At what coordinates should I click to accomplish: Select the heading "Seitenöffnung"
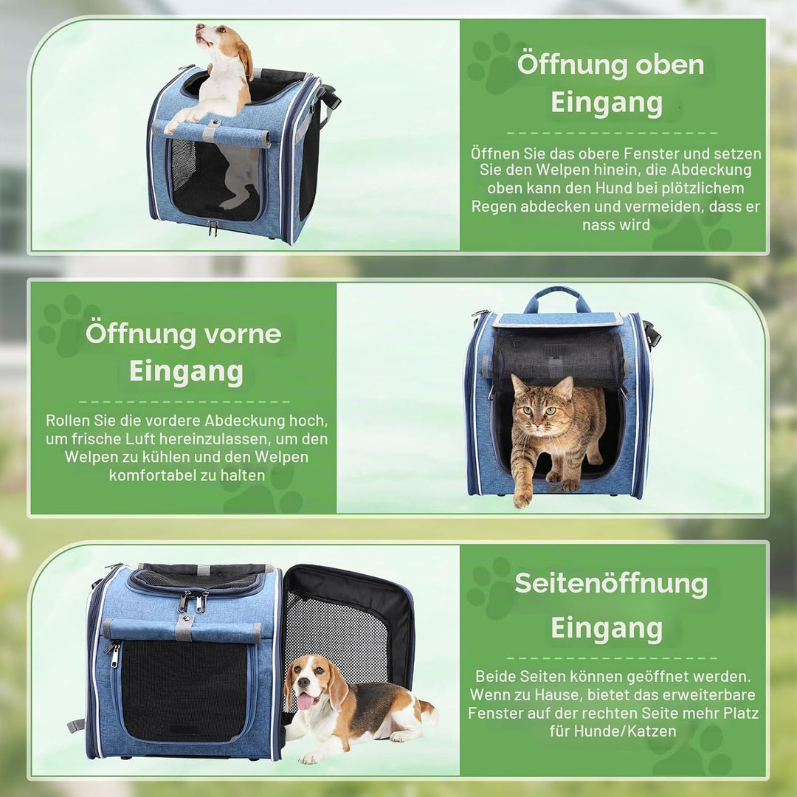click(611, 583)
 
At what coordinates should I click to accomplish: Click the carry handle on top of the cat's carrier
click(556, 298)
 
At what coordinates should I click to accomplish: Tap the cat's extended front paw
click(522, 500)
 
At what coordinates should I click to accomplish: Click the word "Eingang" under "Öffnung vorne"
click(186, 371)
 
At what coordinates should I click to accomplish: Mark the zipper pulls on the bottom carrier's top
click(193, 601)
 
